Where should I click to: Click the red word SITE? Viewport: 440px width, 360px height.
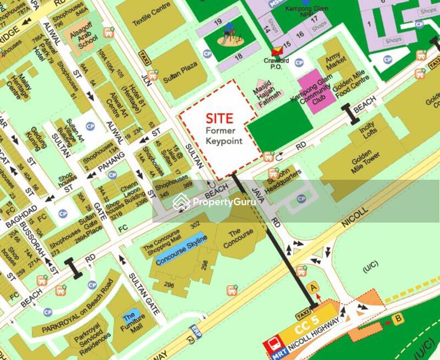click(220, 118)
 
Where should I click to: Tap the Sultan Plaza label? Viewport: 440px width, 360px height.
click(180, 73)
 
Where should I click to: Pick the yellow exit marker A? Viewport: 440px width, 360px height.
click(313, 286)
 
